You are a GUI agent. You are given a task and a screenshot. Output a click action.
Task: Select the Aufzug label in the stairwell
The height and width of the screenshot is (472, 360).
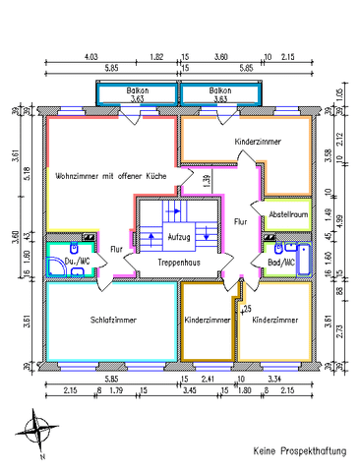tap(179, 238)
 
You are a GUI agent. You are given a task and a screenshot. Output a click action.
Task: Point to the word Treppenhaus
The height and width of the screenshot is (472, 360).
tap(179, 265)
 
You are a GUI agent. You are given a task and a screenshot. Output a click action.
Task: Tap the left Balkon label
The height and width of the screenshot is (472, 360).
tap(136, 91)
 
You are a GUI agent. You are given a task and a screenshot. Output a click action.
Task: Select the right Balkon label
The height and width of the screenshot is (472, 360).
tap(220, 91)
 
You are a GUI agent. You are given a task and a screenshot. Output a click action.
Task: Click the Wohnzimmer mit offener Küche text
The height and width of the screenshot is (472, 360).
tap(110, 174)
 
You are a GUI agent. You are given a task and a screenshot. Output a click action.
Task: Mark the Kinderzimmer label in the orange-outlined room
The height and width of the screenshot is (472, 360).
tap(258, 143)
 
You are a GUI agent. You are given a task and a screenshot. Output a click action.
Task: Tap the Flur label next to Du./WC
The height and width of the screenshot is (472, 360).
tap(117, 249)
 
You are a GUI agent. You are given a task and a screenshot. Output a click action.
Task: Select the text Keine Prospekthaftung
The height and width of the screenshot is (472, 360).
tap(299, 451)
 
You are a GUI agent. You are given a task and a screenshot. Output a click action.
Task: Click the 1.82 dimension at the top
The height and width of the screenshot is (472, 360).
tap(156, 58)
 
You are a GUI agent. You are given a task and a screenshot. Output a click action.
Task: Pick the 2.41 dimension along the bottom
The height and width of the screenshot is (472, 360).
tap(208, 379)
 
